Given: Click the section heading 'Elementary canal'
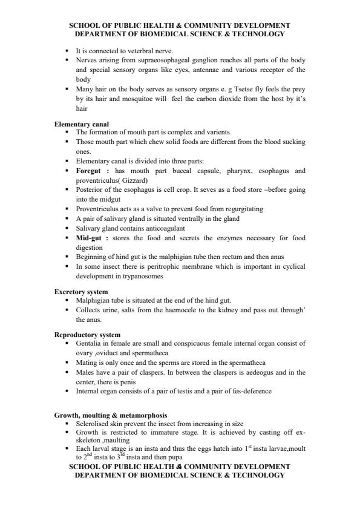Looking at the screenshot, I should tap(82, 124).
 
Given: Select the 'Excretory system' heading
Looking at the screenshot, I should tap(80, 292).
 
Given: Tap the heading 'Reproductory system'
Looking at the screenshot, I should tap(87, 335).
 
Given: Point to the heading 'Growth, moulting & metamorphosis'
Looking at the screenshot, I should tap(110, 415).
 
